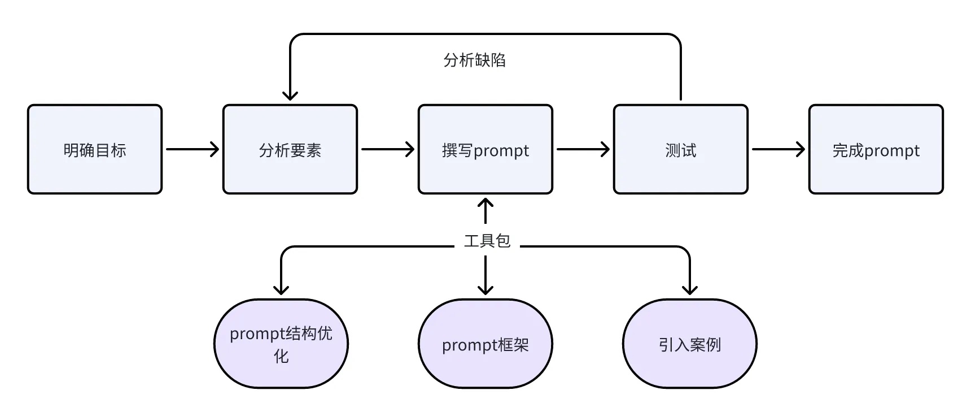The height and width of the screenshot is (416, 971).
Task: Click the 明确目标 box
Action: [95, 149]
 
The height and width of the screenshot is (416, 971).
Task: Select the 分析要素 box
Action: [290, 149]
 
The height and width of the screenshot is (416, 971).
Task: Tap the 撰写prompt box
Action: [485, 149]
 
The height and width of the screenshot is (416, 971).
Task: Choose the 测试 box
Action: [681, 149]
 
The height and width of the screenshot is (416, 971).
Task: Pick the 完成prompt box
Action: [876, 149]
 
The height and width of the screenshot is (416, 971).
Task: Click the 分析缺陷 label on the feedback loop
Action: [474, 60]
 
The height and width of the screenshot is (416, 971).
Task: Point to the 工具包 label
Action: [487, 241]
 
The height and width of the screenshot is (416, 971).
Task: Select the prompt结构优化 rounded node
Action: [281, 344]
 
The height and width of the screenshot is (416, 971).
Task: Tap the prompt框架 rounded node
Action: [485, 344]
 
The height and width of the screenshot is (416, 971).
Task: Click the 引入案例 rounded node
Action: [690, 344]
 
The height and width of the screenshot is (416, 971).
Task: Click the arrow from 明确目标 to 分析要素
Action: [192, 149]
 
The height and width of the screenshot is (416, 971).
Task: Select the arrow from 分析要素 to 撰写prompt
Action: [387, 149]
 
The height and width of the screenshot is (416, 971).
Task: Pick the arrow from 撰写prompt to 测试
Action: [583, 149]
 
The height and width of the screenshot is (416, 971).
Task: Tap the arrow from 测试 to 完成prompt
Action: [778, 149]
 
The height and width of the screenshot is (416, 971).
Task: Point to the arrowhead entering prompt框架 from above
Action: [485, 290]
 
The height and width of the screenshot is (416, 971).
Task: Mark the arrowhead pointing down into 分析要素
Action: [290, 95]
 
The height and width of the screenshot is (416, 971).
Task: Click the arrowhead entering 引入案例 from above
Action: [690, 290]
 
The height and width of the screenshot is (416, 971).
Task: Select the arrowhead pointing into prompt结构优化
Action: [281, 290]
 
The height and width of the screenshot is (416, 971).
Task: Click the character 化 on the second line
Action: [281, 356]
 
